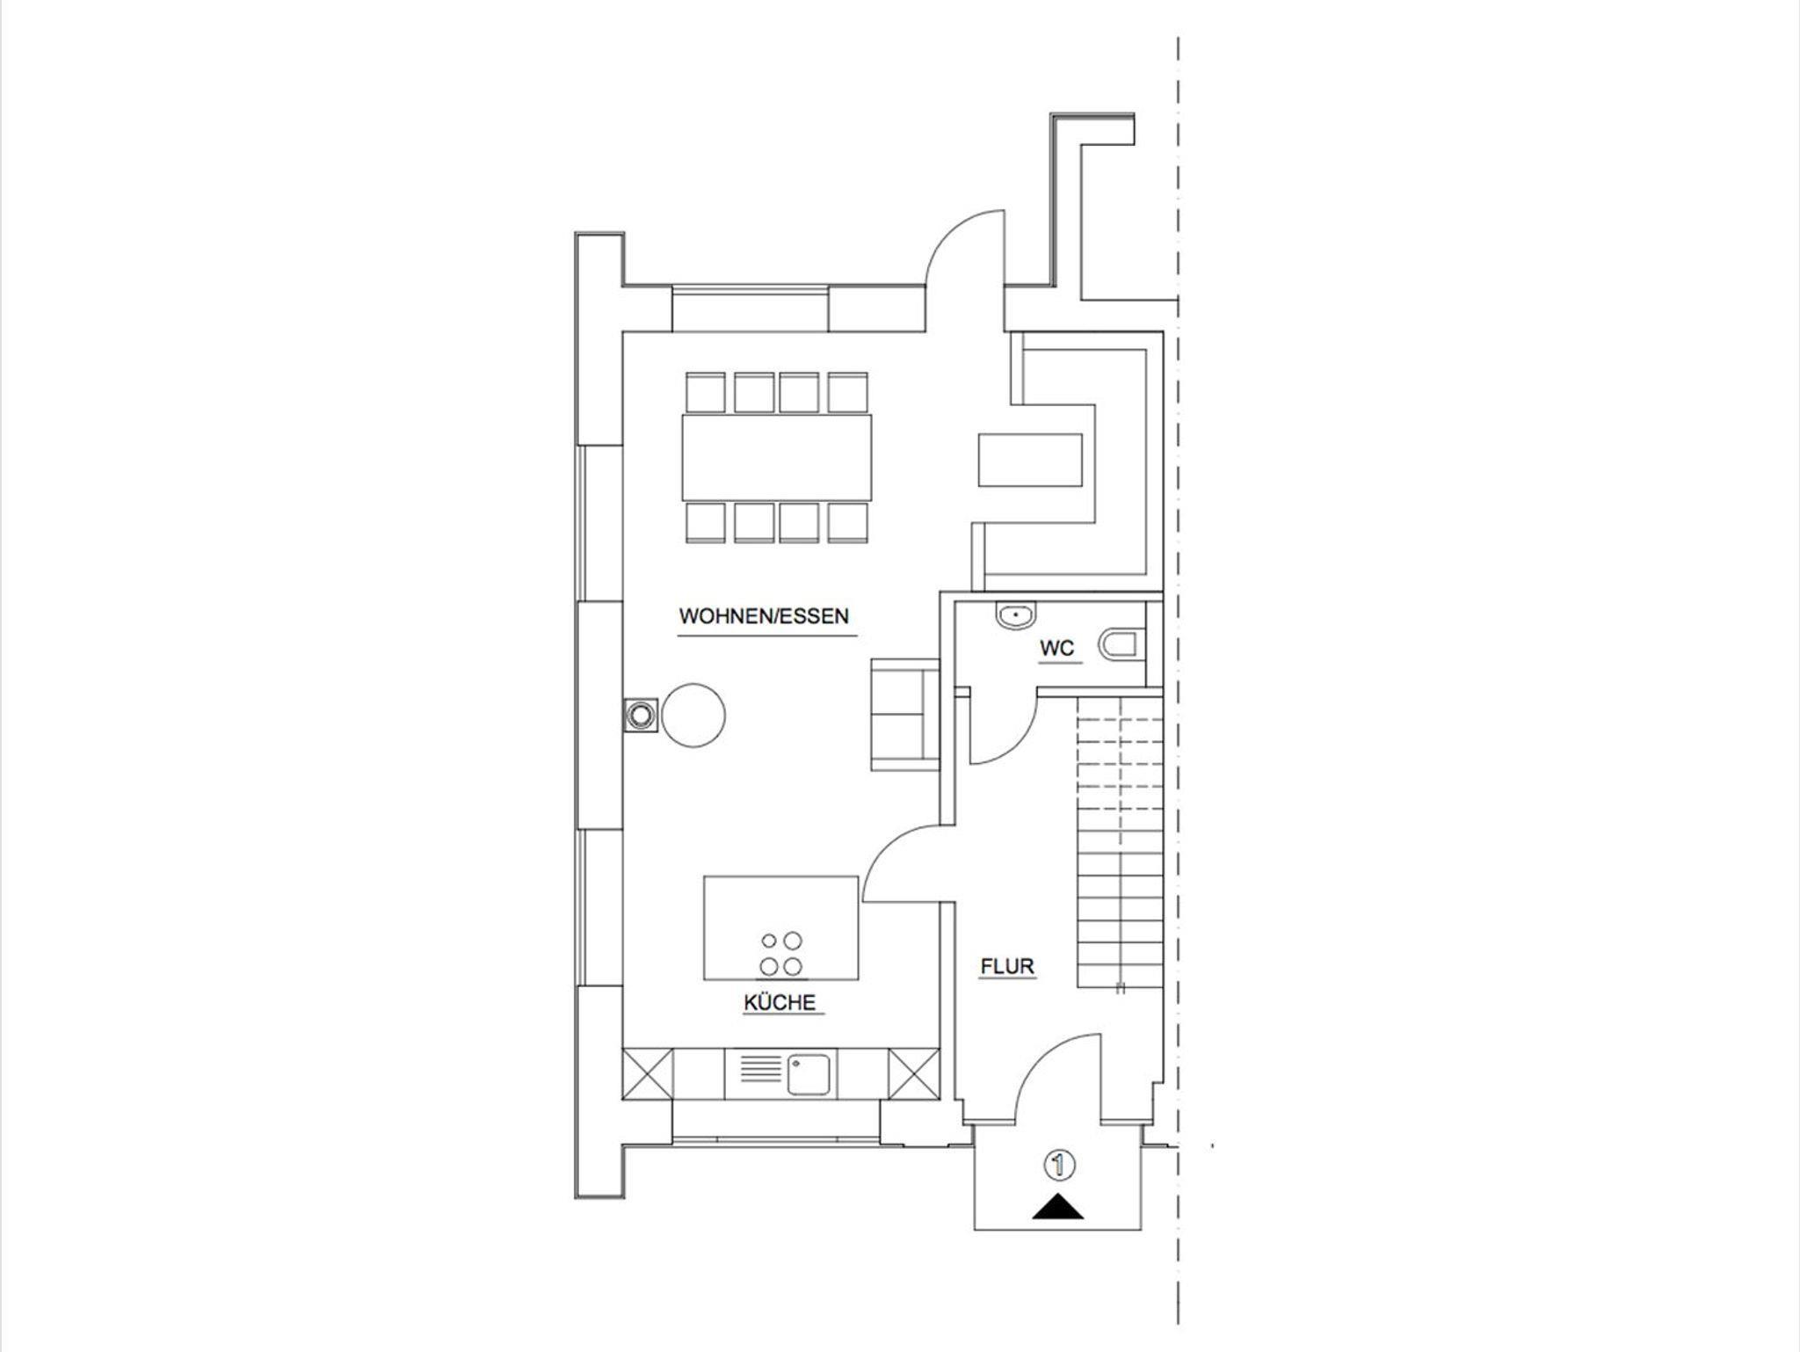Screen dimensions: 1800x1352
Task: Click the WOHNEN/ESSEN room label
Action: coord(764,616)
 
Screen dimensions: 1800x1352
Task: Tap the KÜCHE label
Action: coord(780,1002)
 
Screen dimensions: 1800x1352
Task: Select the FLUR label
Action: coord(1007,967)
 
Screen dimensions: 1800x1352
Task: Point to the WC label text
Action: coord(1056,649)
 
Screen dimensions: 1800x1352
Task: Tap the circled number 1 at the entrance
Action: coord(1058,1165)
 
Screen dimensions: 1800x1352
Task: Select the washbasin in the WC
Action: coord(1017,615)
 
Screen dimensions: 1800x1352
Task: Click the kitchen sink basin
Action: coord(807,1074)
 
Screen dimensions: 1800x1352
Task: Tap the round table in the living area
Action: coord(693,716)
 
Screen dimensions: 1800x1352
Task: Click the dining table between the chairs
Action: coord(777,457)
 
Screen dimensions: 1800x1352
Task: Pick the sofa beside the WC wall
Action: coord(904,714)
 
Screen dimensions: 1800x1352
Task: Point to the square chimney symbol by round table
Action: coord(640,714)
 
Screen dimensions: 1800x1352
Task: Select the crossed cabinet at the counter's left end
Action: coord(647,1073)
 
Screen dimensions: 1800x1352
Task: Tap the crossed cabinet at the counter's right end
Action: coord(912,1073)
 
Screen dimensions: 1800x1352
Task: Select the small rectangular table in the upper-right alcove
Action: coord(1030,459)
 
